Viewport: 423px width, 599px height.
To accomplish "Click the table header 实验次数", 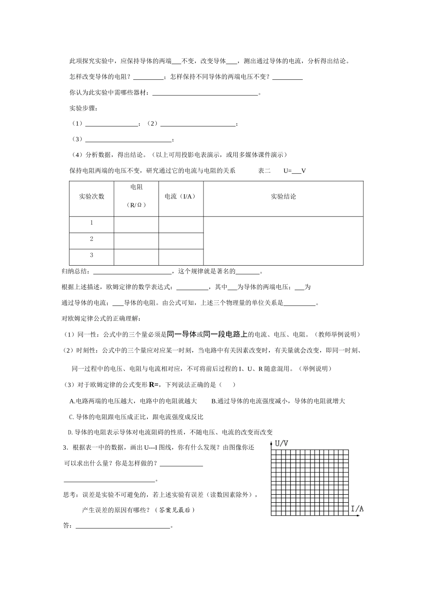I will click(x=92, y=197).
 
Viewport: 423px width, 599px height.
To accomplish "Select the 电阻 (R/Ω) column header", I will click(x=136, y=196).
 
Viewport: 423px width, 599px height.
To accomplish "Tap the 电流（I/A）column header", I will click(x=180, y=197).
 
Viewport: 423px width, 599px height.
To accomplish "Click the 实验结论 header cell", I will click(x=283, y=197).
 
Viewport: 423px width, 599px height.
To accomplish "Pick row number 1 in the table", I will click(x=92, y=223).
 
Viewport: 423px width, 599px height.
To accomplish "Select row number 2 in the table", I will click(x=92, y=239).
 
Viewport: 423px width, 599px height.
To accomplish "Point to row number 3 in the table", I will click(x=92, y=255).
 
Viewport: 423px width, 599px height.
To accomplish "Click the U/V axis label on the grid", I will click(x=281, y=443).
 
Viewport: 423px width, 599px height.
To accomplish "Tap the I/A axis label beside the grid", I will click(x=357, y=509).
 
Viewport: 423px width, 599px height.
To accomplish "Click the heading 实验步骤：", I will click(x=82, y=108).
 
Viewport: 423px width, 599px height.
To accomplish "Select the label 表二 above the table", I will click(x=264, y=171).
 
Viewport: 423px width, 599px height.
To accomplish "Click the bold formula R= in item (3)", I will click(x=154, y=385).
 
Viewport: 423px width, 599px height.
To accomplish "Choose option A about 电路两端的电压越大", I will click(x=133, y=401).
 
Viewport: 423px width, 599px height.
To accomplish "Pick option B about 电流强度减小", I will click(x=278, y=401).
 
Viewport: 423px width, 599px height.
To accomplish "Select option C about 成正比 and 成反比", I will click(x=136, y=417).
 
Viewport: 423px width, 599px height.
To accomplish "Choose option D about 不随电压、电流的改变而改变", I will click(x=170, y=432).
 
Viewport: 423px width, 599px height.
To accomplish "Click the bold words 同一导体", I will click(x=182, y=334).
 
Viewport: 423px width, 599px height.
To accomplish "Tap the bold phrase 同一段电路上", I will click(x=225, y=334).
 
